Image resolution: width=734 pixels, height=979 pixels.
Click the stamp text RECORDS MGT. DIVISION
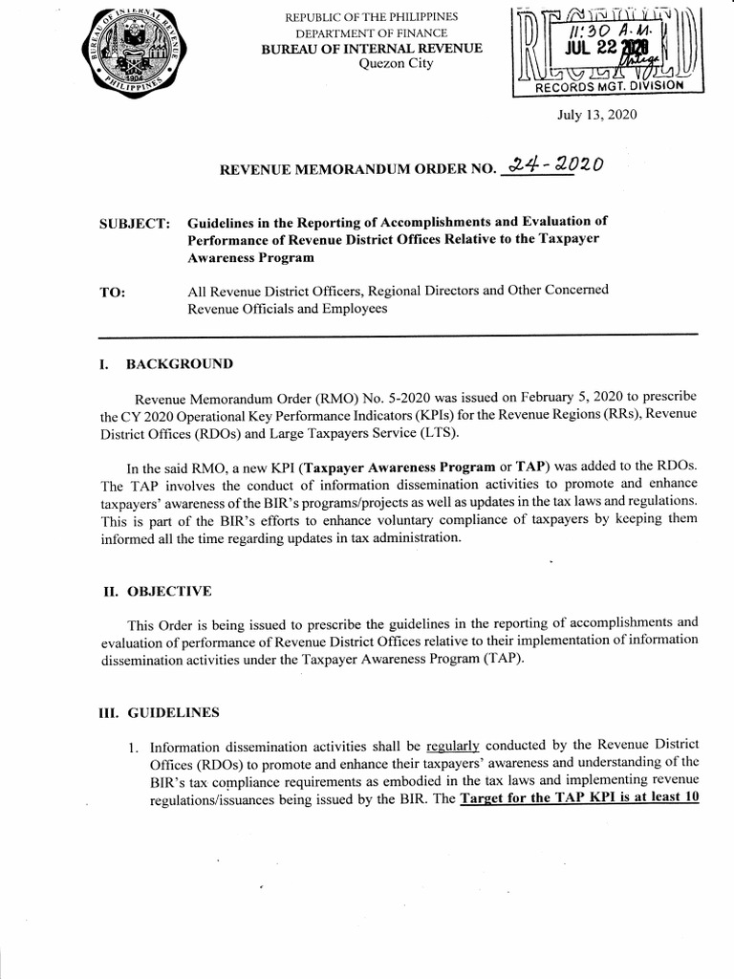point(609,85)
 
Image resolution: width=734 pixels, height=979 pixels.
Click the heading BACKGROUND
point(179,364)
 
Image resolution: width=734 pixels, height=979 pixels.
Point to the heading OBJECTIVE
point(169,592)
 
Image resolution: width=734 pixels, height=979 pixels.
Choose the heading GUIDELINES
point(173,712)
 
